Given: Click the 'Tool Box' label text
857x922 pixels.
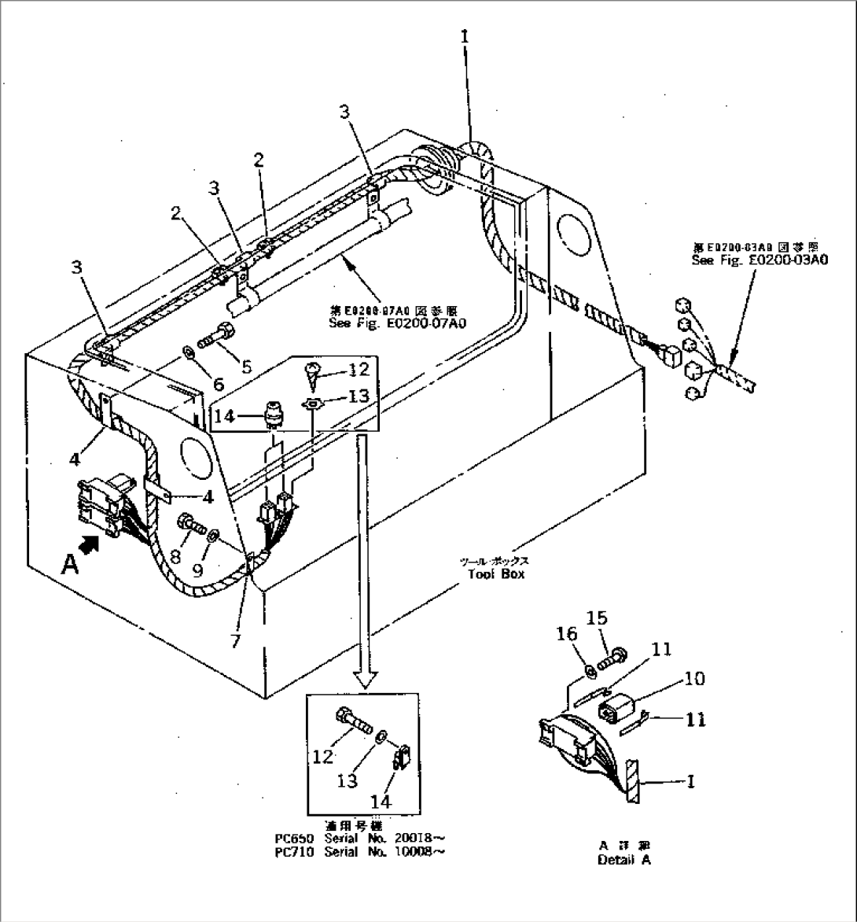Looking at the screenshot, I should coord(495,573).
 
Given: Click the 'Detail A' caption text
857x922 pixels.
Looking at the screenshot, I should coord(624,860).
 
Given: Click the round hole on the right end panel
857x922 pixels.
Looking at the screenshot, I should coord(572,231).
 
